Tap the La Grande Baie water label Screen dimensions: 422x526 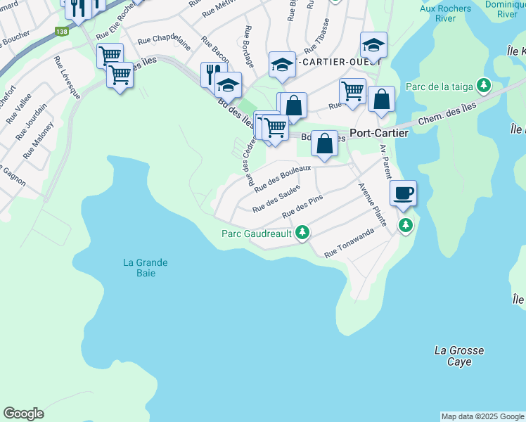pyautogui.click(x=146, y=268)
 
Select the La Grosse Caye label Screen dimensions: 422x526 pyautogui.click(x=459, y=356)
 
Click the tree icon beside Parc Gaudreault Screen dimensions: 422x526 pyautogui.click(x=302, y=232)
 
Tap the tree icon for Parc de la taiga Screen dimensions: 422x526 pyautogui.click(x=483, y=86)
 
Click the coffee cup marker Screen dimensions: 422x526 pyautogui.click(x=404, y=193)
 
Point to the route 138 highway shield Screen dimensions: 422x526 pyautogui.click(x=61, y=32)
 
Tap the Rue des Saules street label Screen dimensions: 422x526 pyautogui.click(x=276, y=198)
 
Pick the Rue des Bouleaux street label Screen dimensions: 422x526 pyautogui.click(x=282, y=179)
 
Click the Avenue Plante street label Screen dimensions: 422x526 pyautogui.click(x=372, y=205)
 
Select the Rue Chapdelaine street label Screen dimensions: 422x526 pyautogui.click(x=165, y=42)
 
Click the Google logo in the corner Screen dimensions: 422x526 pyautogui.click(x=23, y=414)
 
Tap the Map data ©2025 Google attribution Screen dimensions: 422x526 pyautogui.click(x=482, y=416)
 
